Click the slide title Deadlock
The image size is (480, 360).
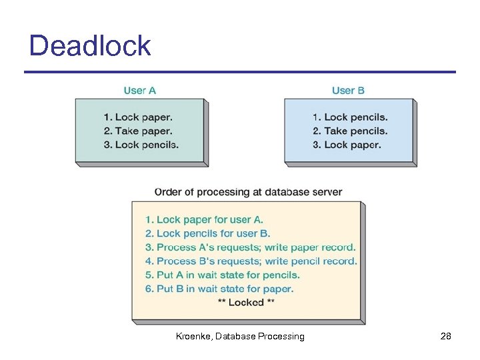pos(90,47)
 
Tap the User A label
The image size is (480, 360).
pos(140,90)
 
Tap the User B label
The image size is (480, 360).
pos(348,90)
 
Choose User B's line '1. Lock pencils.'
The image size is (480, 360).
pos(350,117)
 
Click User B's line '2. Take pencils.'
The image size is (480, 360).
pos(350,131)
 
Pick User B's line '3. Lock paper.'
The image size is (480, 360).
pos(347,145)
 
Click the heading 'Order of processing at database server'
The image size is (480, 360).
pos(248,192)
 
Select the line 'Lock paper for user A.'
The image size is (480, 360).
pos(205,219)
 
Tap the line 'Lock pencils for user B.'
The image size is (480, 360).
pos(208,233)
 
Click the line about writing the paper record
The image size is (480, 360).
pos(251,247)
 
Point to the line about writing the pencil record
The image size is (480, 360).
pos(251,261)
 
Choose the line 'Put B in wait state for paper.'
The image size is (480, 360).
pos(219,289)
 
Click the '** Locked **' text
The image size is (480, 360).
pos(246,303)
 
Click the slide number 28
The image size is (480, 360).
pos(446,337)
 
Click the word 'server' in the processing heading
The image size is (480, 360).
pos(327,192)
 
